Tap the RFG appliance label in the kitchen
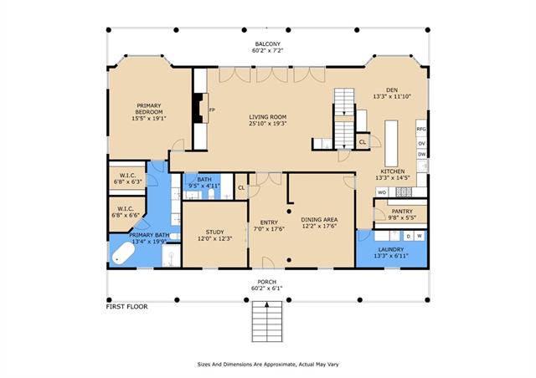(x=421, y=129)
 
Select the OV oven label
(x=421, y=144)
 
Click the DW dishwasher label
(x=422, y=155)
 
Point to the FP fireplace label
(x=212, y=110)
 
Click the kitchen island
(x=391, y=143)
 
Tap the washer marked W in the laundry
(x=420, y=236)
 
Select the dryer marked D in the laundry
(x=408, y=237)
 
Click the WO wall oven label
(x=382, y=192)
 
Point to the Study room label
(x=214, y=232)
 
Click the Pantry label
(x=402, y=212)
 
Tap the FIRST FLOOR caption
(x=126, y=307)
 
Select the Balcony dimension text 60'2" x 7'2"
(x=267, y=50)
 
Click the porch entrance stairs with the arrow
(x=267, y=321)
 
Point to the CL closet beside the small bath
(x=241, y=187)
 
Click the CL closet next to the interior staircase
(x=363, y=141)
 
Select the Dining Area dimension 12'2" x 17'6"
(x=320, y=226)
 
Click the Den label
(x=392, y=90)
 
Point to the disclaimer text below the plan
(x=268, y=365)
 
